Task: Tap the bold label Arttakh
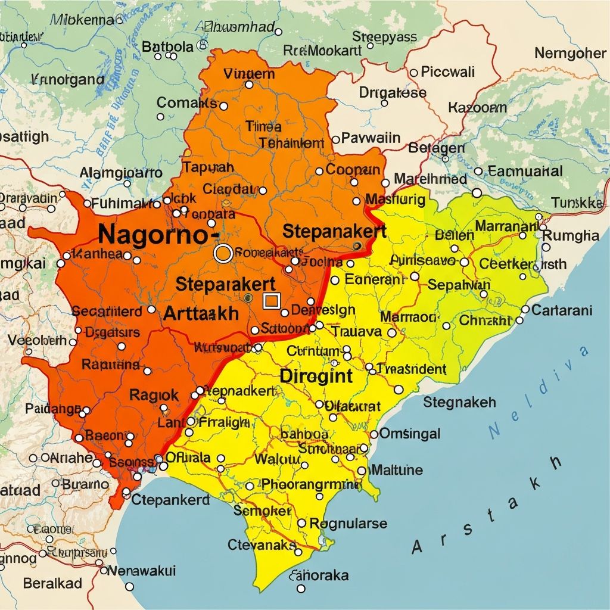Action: tap(201, 313)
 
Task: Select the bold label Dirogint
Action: tap(316, 376)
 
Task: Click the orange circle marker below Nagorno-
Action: tap(223, 254)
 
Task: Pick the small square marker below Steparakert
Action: tap(271, 301)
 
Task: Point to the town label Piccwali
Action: tap(447, 72)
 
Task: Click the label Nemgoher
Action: tap(570, 53)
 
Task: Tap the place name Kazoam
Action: tap(477, 108)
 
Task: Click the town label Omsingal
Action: tap(410, 433)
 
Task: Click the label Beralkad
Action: tap(52, 583)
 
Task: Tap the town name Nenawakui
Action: tap(142, 571)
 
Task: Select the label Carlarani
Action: tap(562, 310)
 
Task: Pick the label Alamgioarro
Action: tap(121, 173)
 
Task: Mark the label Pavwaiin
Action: tap(371, 138)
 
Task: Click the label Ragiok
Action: tap(154, 394)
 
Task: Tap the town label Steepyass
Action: tap(384, 37)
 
